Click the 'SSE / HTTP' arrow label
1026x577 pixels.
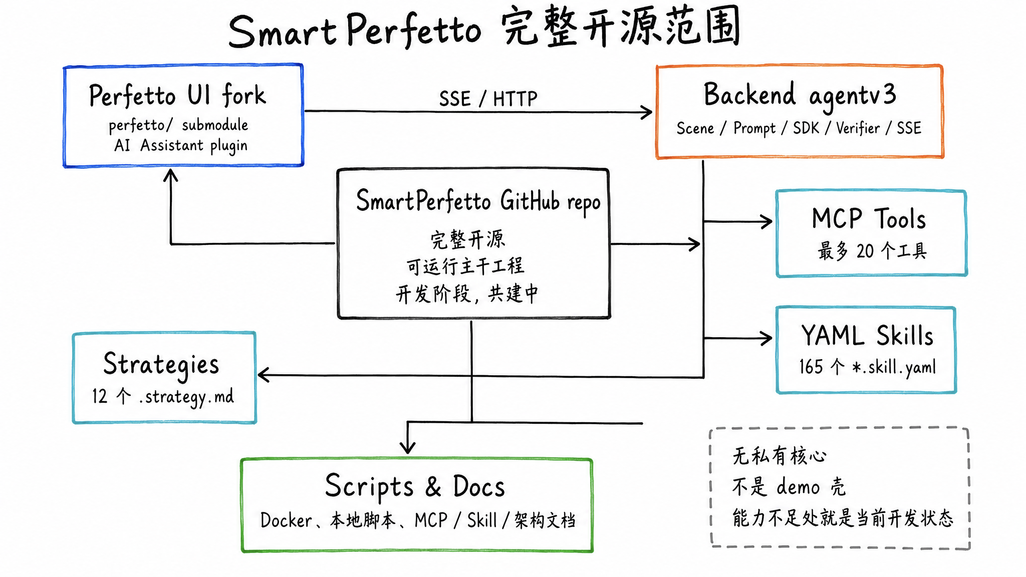(488, 99)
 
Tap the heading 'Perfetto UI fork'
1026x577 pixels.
(177, 95)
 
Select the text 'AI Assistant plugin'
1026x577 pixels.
(181, 146)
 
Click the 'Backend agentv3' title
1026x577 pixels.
(800, 95)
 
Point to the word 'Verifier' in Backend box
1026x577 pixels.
(858, 128)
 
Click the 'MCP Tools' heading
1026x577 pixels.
(869, 219)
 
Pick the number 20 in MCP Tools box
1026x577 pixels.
(865, 251)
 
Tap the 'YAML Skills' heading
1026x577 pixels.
(867, 336)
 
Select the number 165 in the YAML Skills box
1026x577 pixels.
(811, 367)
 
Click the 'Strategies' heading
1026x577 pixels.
(161, 364)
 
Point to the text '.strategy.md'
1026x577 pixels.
(187, 397)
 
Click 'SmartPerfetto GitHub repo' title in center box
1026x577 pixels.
(478, 201)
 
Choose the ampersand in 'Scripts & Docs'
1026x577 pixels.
(433, 486)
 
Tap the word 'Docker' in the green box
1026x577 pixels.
(286, 520)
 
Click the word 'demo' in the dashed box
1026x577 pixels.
(798, 487)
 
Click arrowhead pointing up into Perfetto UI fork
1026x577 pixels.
(171, 175)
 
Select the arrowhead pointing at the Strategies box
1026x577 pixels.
(264, 375)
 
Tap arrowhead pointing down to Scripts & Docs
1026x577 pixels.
(408, 447)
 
